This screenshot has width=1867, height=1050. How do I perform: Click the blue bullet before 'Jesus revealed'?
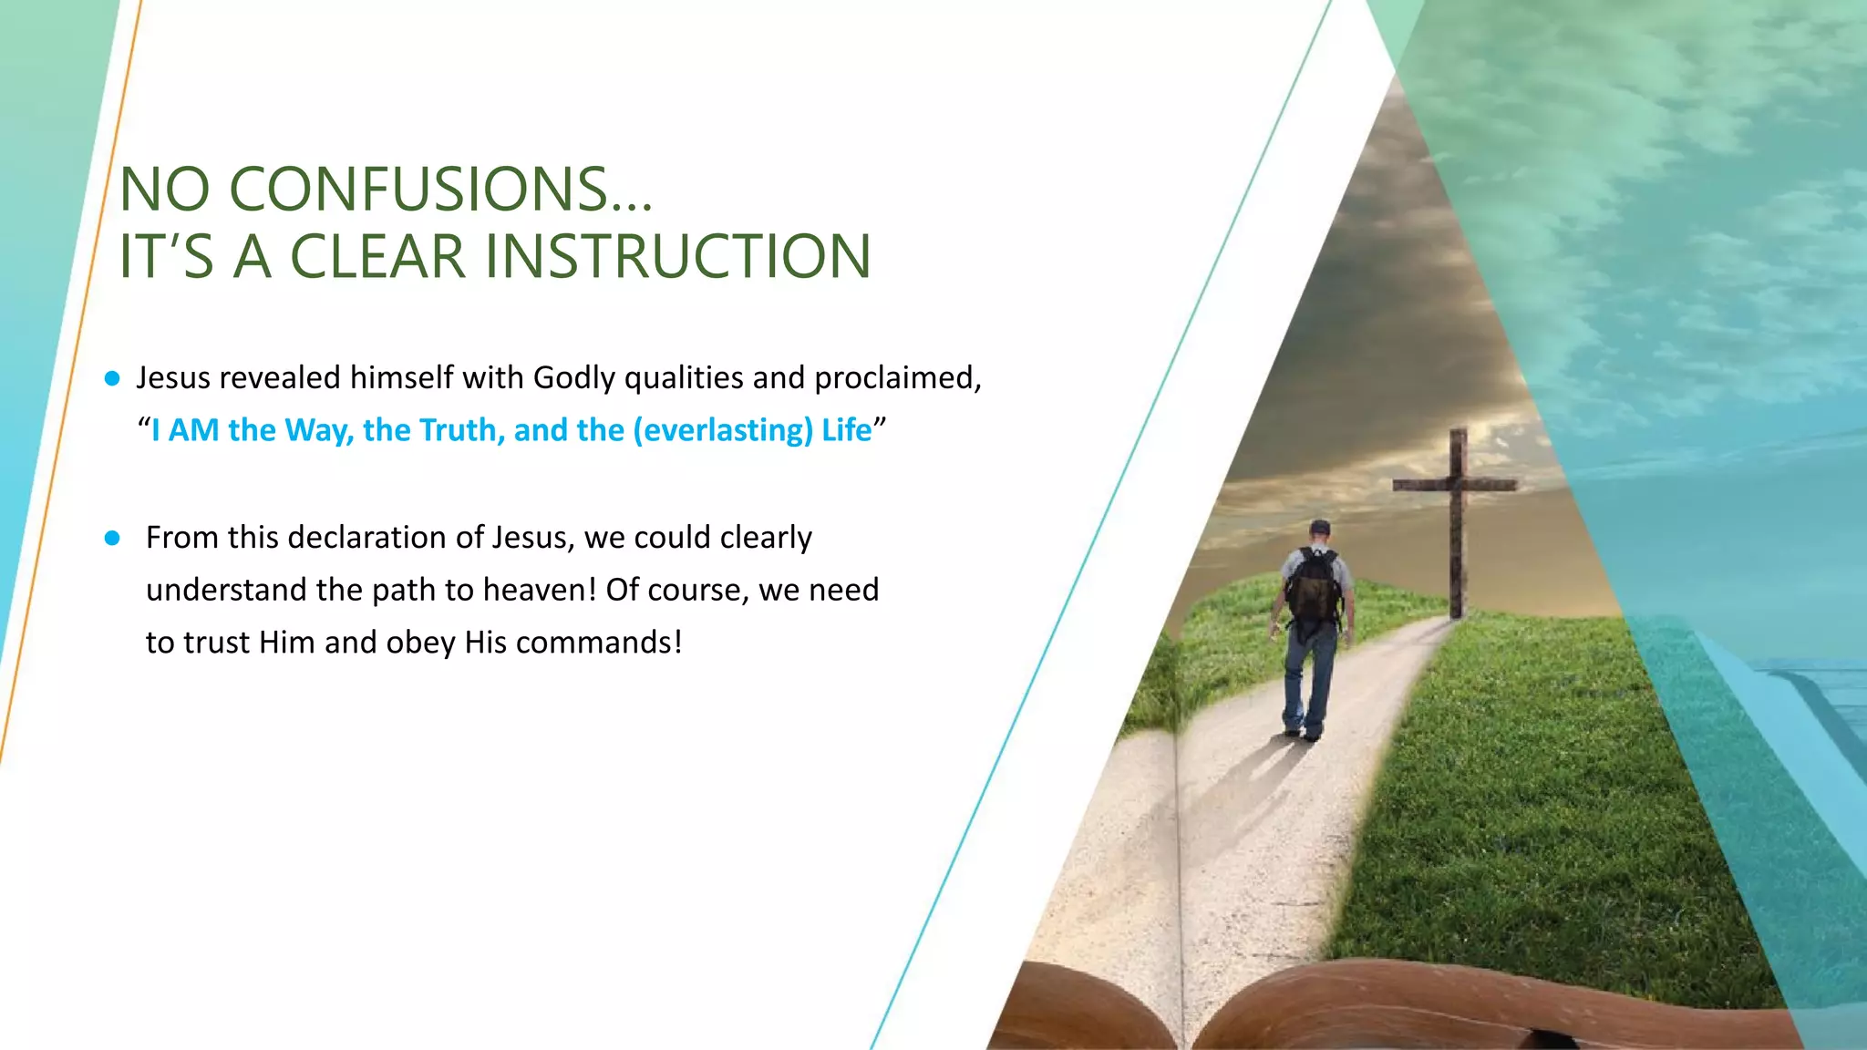[x=112, y=378]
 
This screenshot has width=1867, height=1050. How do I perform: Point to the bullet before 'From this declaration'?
[x=112, y=538]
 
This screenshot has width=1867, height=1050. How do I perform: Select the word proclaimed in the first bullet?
[x=897, y=378]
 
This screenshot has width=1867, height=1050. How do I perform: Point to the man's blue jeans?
[x=1310, y=679]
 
